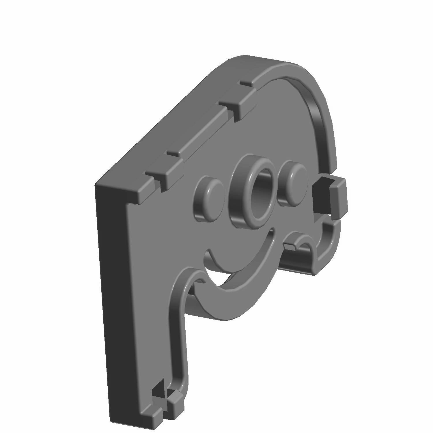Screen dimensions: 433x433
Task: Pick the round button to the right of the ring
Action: coord(292,181)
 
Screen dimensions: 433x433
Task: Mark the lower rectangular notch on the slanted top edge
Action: coord(163,173)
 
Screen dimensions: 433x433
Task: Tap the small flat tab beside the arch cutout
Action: coord(290,246)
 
